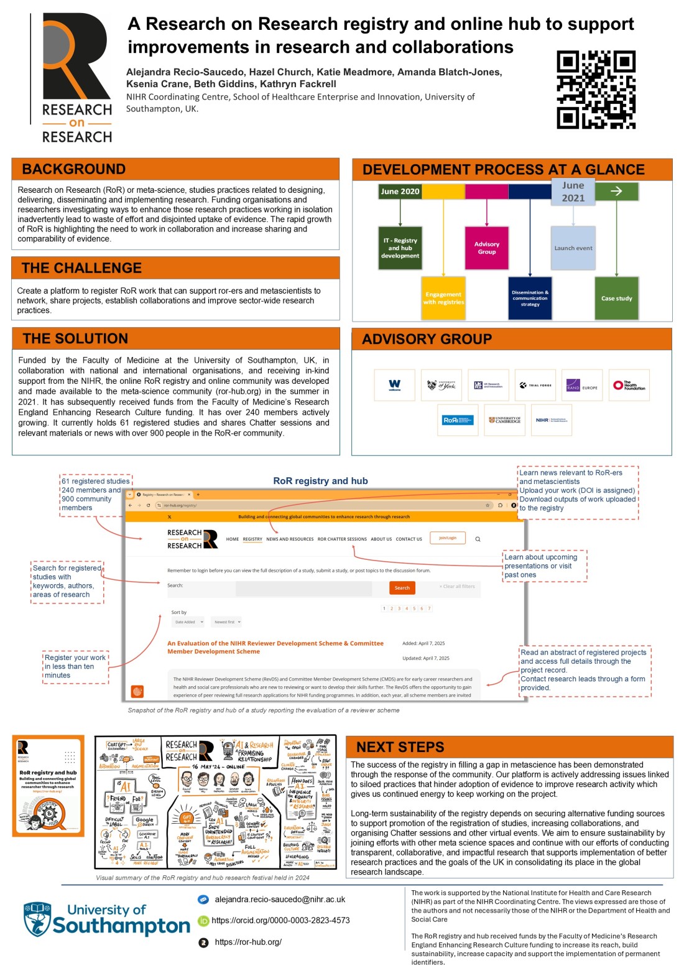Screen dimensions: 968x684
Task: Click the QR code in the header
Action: click(x=596, y=90)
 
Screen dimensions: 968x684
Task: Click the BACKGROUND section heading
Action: click(x=73, y=169)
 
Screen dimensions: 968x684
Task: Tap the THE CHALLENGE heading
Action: click(x=81, y=268)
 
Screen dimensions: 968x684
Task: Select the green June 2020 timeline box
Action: click(x=400, y=192)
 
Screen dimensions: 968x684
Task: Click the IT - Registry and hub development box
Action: click(x=400, y=248)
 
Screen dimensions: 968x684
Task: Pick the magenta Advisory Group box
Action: click(x=487, y=248)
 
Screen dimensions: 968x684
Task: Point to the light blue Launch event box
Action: click(x=573, y=248)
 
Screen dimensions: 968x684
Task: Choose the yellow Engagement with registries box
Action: click(x=443, y=298)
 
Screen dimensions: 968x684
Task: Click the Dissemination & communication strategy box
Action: click(x=530, y=298)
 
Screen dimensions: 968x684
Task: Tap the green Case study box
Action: click(x=616, y=298)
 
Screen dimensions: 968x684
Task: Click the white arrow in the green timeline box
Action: click(x=616, y=191)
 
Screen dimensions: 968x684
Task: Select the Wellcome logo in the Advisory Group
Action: click(x=395, y=385)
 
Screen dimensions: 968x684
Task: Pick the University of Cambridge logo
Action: click(x=504, y=420)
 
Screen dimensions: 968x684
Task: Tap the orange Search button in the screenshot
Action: click(x=402, y=588)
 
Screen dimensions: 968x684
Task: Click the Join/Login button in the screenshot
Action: click(x=448, y=538)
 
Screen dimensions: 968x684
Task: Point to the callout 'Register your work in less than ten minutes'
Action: click(x=75, y=666)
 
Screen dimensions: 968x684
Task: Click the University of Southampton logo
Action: click(x=106, y=919)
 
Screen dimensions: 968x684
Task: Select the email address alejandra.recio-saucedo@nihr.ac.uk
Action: click(x=280, y=900)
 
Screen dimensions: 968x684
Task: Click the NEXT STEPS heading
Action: click(x=400, y=747)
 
